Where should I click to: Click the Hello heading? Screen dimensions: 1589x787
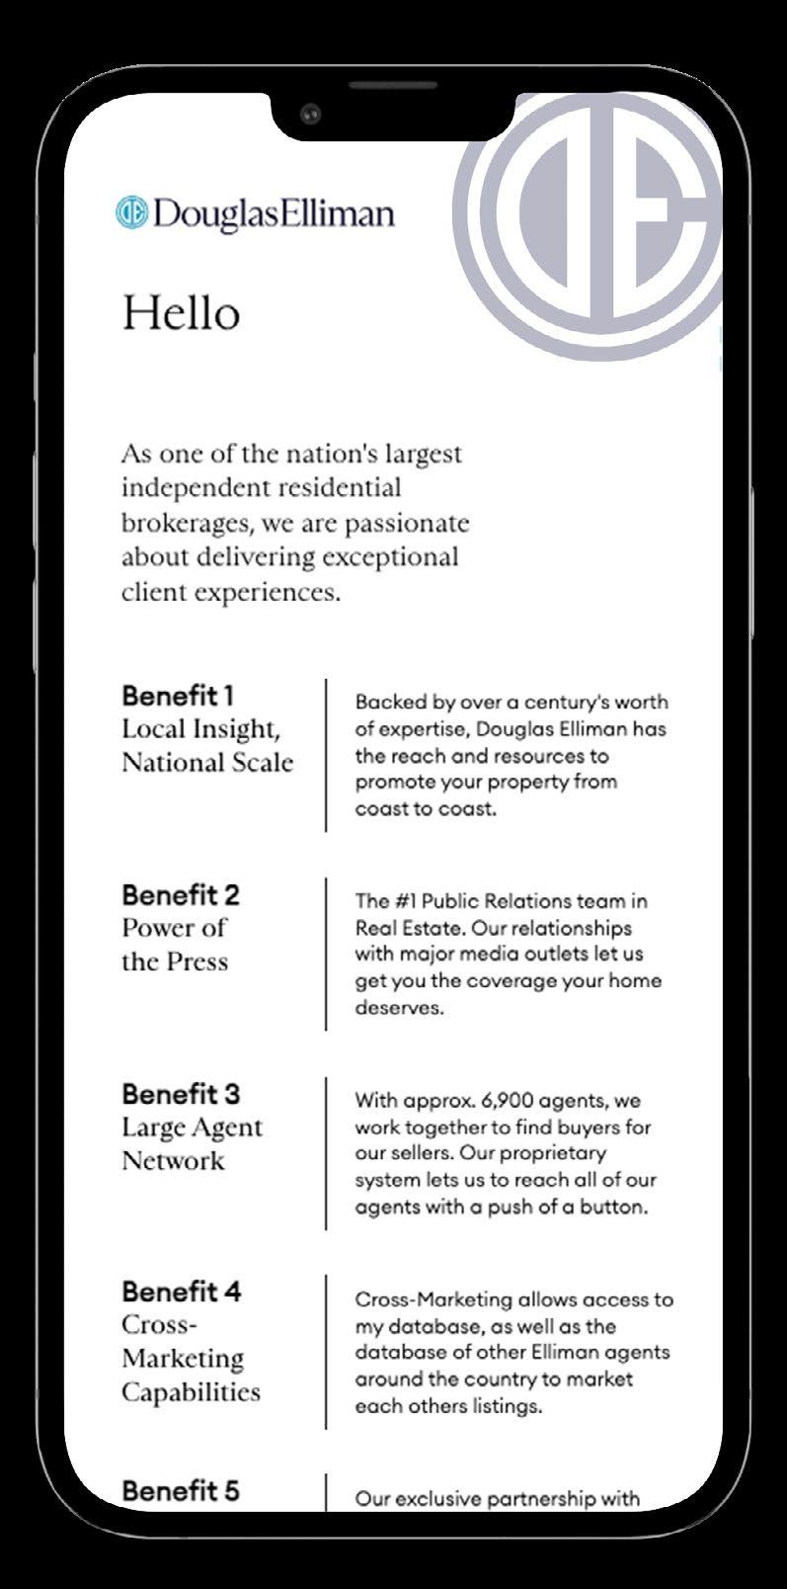181,313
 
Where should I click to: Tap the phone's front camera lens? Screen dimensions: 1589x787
311,115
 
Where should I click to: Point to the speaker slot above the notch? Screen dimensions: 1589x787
392,86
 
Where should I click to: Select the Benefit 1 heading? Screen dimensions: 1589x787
178,695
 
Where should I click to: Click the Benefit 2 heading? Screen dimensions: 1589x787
181,894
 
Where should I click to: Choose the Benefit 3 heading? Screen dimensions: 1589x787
181,1094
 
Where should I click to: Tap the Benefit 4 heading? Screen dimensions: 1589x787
181,1292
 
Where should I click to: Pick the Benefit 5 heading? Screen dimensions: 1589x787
181,1490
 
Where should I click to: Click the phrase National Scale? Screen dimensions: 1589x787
207,763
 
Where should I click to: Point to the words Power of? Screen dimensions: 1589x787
174,928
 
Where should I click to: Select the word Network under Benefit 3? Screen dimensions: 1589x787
173,1160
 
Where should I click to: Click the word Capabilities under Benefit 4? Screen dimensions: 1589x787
191,1392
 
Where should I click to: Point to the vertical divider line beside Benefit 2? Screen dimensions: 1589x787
326,954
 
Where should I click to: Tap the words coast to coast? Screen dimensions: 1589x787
424,808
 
